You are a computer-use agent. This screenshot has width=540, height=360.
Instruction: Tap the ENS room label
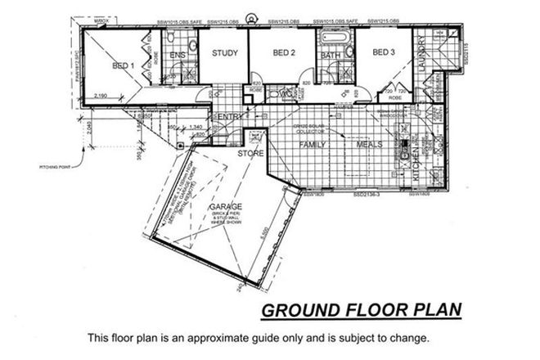(178, 55)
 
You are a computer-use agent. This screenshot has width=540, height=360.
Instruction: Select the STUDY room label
(224, 54)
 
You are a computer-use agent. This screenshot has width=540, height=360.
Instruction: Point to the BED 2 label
(283, 53)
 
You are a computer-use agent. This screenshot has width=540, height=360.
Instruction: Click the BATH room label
(331, 55)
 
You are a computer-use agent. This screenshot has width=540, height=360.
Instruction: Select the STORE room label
(249, 153)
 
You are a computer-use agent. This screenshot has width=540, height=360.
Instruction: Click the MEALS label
(369, 145)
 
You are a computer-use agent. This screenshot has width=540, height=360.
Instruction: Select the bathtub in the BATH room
(334, 38)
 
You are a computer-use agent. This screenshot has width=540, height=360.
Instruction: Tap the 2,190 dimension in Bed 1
(101, 97)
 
